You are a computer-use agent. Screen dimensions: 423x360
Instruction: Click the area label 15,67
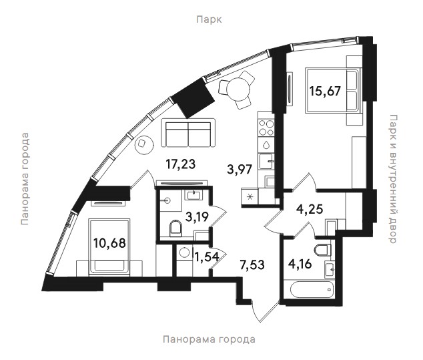(x=326, y=91)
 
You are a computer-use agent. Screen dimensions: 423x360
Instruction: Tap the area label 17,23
(x=181, y=164)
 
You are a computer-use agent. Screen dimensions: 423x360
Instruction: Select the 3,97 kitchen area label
(x=240, y=170)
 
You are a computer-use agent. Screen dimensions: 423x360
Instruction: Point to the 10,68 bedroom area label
(x=109, y=243)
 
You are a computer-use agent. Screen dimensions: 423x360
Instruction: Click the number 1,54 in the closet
(x=207, y=257)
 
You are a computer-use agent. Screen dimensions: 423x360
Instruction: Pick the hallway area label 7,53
(x=252, y=264)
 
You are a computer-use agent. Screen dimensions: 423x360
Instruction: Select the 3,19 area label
(x=197, y=216)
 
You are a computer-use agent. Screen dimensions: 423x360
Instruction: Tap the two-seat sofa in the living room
(x=188, y=133)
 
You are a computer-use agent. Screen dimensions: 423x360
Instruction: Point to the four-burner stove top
(x=266, y=128)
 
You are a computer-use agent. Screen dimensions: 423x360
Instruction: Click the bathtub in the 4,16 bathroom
(x=312, y=290)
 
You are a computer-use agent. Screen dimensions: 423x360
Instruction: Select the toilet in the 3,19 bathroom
(x=176, y=228)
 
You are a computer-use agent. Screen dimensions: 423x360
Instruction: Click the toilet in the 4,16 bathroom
(x=323, y=250)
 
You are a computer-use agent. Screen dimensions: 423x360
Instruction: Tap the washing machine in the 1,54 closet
(x=184, y=253)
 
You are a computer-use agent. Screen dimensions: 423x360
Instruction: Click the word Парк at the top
(x=209, y=20)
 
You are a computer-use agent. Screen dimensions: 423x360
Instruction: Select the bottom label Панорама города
(x=209, y=339)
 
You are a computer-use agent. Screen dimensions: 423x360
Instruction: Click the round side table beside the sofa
(x=144, y=145)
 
